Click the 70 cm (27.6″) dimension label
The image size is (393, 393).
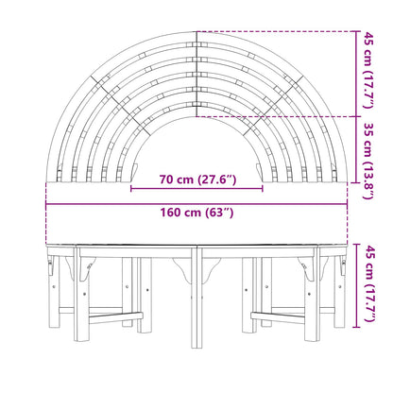[197, 179]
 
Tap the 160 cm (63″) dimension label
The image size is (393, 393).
[197, 213]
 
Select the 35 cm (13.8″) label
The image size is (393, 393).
[368, 161]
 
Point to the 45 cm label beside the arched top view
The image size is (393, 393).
[368, 70]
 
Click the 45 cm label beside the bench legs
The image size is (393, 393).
[368, 284]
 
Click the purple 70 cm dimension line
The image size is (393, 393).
[196, 189]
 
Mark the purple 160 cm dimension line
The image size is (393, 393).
[196, 204]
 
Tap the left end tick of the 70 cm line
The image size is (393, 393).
[131, 189]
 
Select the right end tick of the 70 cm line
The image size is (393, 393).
[263, 189]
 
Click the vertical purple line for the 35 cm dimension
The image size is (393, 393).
[356, 149]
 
